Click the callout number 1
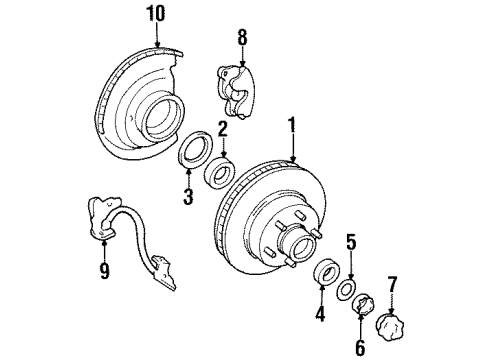pyautogui.click(x=292, y=127)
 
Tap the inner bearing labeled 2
pyautogui.click(x=218, y=166)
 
